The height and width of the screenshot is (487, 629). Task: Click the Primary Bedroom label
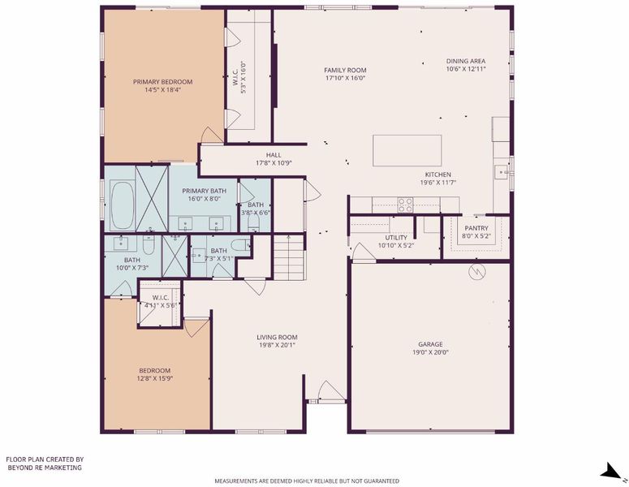pos(162,82)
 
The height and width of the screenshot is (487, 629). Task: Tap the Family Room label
pos(345,70)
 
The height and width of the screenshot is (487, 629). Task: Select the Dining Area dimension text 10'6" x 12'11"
pos(466,69)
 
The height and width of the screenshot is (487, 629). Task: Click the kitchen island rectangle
pos(407,150)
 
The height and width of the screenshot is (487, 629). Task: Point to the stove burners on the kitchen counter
pos(405,205)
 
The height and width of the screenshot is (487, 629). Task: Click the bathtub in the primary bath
pos(123,205)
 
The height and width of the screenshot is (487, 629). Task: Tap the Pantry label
pos(476,228)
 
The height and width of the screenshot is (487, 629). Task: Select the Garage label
pos(430,344)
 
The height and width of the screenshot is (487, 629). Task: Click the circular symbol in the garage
pos(477,272)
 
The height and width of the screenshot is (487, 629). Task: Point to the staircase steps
pos(289,257)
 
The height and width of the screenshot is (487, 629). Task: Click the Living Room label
pos(277,338)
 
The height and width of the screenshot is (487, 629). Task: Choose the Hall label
pos(274,155)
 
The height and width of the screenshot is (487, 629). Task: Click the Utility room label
pos(396,238)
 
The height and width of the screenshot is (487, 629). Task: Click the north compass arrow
pos(614,472)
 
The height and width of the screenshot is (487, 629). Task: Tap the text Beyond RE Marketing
pos(45,468)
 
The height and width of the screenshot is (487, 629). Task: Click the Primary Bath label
pos(205,191)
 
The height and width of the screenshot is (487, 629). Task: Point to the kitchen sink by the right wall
pos(502,173)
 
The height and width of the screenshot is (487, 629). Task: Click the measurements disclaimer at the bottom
pos(307,481)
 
